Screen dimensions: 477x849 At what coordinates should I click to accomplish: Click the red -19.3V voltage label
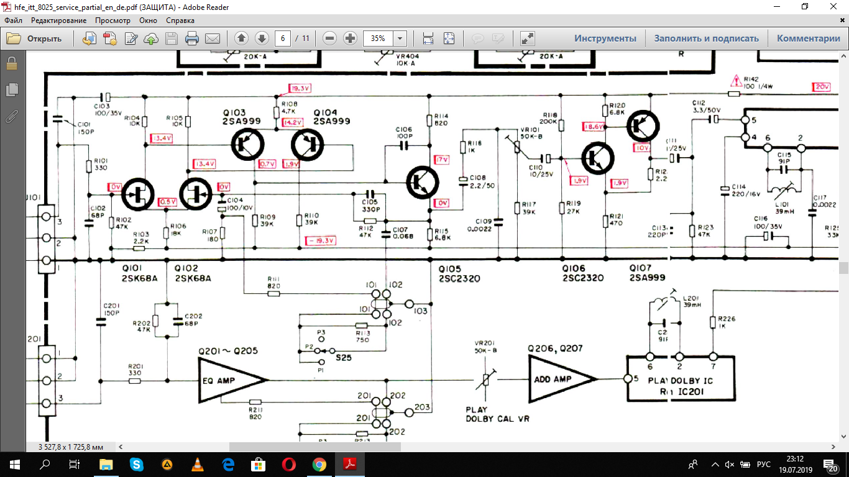(321, 240)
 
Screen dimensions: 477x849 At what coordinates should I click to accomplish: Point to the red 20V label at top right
(822, 87)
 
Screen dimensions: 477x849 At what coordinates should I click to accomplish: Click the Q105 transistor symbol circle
(423, 182)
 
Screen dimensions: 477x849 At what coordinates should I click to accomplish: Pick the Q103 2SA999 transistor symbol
(249, 145)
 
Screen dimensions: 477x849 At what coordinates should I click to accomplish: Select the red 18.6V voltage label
(593, 126)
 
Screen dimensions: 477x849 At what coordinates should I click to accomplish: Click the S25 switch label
(342, 358)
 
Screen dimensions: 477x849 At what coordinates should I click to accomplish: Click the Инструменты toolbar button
(605, 39)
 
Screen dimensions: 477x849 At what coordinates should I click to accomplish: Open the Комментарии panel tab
(808, 39)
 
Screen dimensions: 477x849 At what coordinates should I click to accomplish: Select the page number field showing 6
(283, 39)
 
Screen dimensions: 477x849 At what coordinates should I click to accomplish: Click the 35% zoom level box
(379, 39)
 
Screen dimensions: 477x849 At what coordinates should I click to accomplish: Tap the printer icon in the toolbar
(192, 39)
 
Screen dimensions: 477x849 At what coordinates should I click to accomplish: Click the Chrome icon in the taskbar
(319, 464)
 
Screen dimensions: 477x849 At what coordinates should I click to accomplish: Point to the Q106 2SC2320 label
(583, 273)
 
